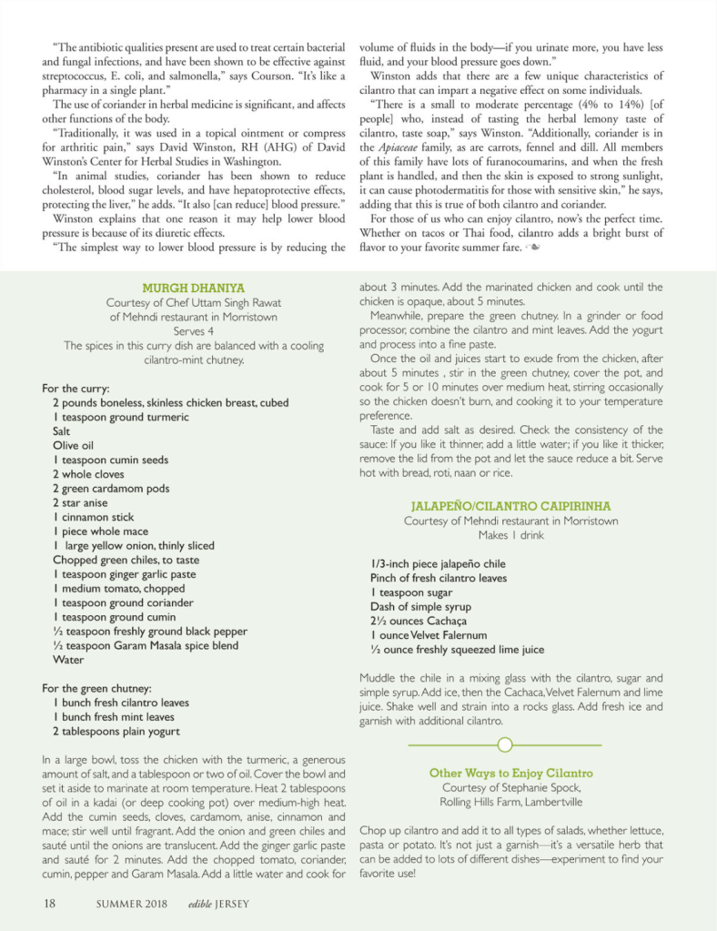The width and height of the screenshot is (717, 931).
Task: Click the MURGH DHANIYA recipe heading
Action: click(193, 288)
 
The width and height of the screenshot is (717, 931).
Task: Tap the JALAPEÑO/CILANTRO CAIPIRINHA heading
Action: click(510, 505)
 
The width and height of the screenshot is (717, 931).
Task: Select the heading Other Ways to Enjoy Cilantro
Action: click(510, 773)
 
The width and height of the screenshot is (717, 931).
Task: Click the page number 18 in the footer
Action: click(50, 904)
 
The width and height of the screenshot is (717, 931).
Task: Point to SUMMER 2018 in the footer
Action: click(129, 905)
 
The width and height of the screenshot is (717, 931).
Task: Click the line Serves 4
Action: click(193, 331)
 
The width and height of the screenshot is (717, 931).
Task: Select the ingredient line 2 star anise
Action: click(80, 502)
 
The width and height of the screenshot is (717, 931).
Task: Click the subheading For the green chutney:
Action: click(97, 688)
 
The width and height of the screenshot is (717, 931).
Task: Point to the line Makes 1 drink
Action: click(510, 535)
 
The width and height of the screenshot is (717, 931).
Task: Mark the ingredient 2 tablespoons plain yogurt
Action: click(116, 731)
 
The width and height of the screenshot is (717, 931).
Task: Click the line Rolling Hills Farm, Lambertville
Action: click(510, 802)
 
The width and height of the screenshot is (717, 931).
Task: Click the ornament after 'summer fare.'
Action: click(535, 247)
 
